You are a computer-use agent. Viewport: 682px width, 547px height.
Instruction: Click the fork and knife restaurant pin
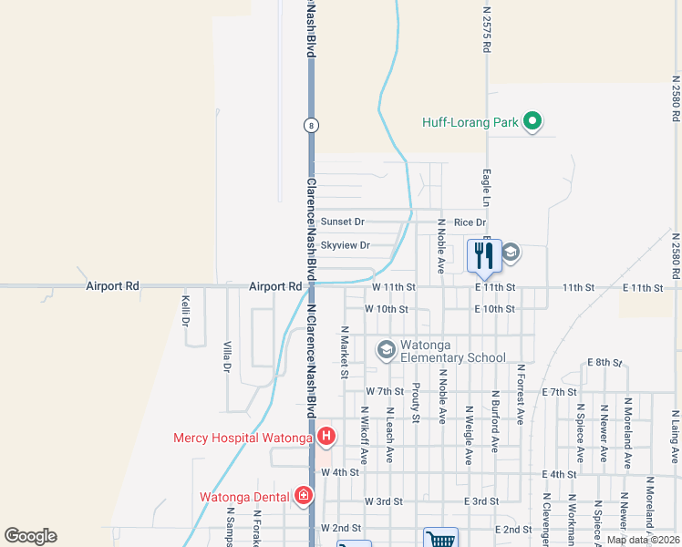[x=484, y=255]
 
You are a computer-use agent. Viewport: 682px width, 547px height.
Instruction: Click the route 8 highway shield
[x=312, y=125]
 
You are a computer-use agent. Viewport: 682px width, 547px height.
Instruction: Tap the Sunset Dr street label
[x=341, y=222]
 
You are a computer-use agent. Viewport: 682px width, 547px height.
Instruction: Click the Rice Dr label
[x=470, y=222]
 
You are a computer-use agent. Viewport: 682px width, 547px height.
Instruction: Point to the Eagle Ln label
[x=486, y=188]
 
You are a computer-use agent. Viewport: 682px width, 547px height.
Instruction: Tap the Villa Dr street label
[x=227, y=356]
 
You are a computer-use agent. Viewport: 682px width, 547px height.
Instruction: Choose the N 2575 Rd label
[x=486, y=30]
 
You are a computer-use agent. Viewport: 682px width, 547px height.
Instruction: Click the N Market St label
[x=345, y=352]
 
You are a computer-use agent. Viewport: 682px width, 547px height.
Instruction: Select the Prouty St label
[x=415, y=402]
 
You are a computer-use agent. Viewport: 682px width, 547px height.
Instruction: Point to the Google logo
[x=30, y=536]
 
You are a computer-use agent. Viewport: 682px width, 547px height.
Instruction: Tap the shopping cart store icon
[x=440, y=540]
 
